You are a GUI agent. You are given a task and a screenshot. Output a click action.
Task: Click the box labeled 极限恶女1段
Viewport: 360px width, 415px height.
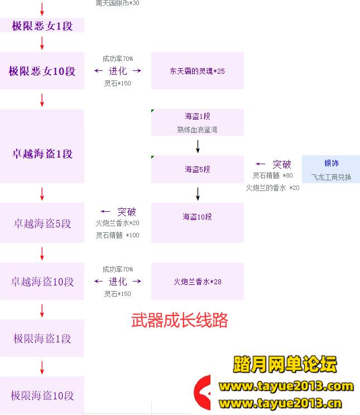[x=42, y=26]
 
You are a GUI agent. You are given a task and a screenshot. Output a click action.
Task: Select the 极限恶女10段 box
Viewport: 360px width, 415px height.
[x=42, y=71]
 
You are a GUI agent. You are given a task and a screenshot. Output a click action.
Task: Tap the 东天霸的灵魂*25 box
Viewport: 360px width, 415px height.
[x=198, y=71]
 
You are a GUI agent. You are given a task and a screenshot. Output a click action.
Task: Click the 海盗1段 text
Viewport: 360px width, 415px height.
[x=198, y=116]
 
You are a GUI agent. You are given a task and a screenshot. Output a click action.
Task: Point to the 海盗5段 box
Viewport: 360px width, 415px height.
[x=198, y=169]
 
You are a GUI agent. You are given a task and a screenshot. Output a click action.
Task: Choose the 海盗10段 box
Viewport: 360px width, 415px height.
[x=198, y=217]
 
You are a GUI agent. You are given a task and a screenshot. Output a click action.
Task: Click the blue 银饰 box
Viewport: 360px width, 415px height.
[x=331, y=169]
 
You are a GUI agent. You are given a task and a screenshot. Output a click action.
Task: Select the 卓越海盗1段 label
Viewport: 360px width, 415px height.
[x=42, y=154]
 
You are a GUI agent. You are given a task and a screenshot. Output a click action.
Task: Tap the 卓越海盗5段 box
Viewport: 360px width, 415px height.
[x=42, y=223]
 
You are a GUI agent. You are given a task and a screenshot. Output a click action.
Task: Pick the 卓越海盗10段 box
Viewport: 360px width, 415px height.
[x=42, y=282]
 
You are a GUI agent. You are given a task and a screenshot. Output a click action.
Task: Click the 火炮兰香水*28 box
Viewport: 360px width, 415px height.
[x=198, y=282]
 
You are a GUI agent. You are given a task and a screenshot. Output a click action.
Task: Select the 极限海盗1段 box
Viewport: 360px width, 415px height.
[x=42, y=338]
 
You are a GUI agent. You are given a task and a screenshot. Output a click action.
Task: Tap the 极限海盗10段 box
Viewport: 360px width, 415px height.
[x=42, y=395]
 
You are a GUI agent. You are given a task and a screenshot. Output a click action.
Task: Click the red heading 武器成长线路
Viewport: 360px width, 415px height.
[x=180, y=320]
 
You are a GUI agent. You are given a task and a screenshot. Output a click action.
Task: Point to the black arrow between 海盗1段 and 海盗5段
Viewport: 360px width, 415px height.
[x=198, y=146]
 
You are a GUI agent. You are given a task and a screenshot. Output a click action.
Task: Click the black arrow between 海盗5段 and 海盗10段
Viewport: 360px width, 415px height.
[x=198, y=193]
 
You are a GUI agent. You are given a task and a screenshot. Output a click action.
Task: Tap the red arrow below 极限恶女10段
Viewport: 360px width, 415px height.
[x=42, y=100]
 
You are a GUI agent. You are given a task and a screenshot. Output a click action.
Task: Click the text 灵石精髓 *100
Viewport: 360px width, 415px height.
[x=117, y=235]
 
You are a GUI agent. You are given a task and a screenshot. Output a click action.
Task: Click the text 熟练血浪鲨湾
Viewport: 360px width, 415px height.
[x=198, y=130]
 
